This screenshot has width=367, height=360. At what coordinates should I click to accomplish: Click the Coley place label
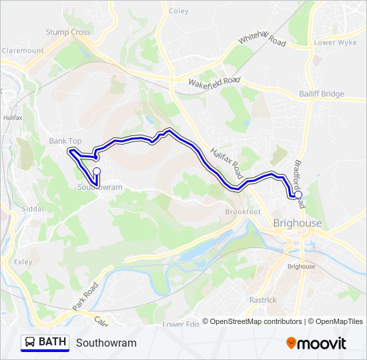[179, 11]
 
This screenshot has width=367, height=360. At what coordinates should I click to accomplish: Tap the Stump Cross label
[68, 32]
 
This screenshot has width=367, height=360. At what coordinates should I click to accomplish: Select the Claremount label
[23, 50]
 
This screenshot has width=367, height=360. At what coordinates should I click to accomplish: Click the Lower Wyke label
[335, 43]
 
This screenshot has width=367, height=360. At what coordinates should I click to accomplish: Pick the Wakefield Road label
[214, 83]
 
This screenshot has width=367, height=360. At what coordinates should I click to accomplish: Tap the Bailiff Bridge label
[322, 95]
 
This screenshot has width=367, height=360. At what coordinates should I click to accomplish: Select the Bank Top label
[65, 141]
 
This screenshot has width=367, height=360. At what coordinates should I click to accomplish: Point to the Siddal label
[32, 209]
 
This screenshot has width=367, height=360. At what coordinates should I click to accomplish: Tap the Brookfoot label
[242, 211]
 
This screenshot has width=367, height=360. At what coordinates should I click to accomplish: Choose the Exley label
[23, 262]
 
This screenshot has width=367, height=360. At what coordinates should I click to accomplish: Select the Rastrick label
[263, 300]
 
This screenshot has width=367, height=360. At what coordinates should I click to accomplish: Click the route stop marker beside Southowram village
[97, 171]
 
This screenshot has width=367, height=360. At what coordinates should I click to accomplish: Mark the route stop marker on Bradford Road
[298, 195]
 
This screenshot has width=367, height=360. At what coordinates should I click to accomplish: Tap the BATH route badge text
[52, 342]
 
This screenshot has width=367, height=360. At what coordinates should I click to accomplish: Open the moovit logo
[316, 343]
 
